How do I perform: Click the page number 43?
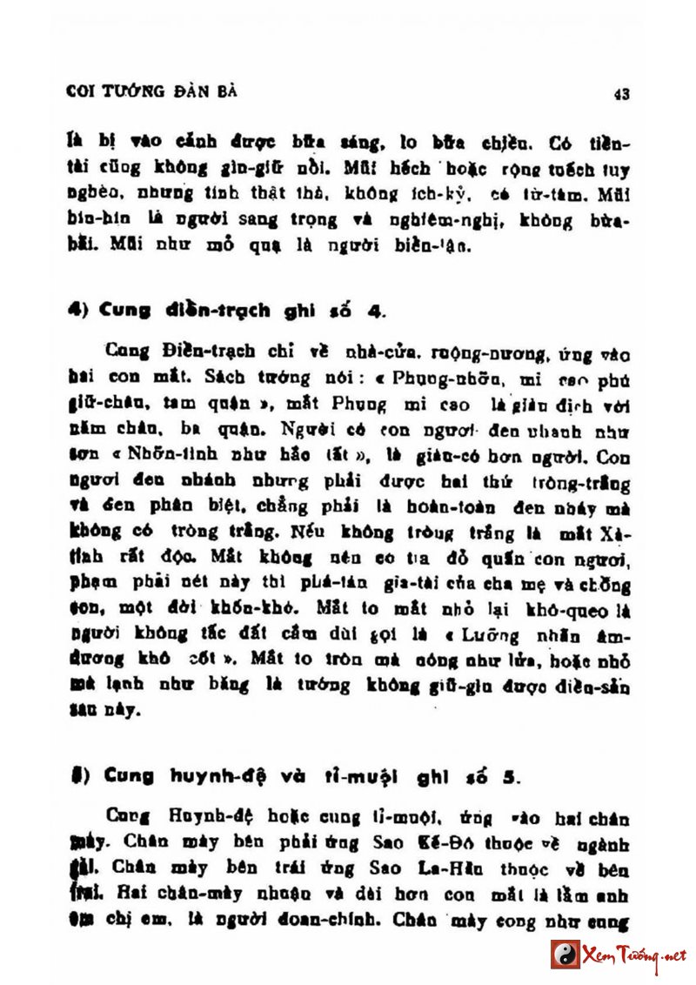coord(621,94)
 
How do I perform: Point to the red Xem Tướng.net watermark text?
coord(634,954)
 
